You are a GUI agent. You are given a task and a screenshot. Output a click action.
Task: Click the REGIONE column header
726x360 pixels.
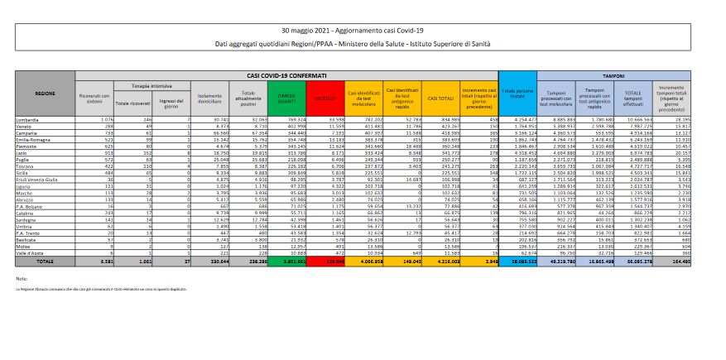click(x=45, y=94)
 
